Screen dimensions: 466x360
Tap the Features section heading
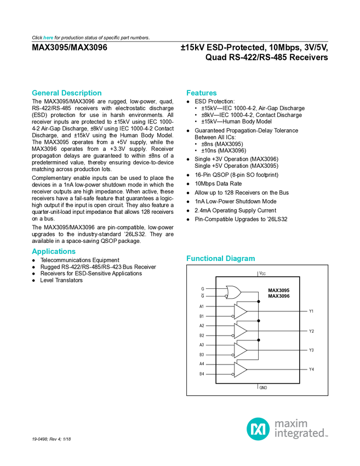tap(202, 93)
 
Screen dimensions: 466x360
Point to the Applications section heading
tap(53, 252)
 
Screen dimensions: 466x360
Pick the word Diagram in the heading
tap(241, 259)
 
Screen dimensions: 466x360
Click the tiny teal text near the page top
tap(48, 37)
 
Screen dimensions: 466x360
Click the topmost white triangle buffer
tap(240, 312)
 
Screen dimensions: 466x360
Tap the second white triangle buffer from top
tap(240, 331)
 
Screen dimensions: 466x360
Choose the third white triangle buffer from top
tap(240, 350)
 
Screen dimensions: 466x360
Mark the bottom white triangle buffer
tap(240, 370)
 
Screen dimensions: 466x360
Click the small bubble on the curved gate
tap(226, 296)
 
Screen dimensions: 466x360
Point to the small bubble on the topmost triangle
tap(233, 317)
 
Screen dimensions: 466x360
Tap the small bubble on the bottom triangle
tap(233, 374)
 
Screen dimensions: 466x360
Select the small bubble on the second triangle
tap(233, 336)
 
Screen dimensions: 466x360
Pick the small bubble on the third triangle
tap(233, 355)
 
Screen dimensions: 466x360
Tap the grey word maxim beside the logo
tap(291, 423)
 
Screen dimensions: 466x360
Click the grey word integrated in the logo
tap(300, 435)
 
